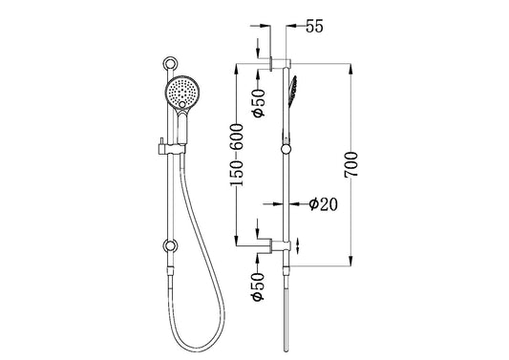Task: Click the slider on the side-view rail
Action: [x=284, y=147]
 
